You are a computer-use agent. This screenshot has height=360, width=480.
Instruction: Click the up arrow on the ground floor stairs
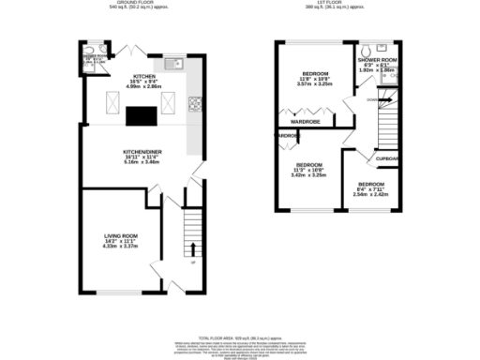coord(193,248)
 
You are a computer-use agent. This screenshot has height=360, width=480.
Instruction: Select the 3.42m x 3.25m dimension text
coord(308,175)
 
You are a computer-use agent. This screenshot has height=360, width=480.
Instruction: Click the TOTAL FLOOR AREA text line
coord(241,337)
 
